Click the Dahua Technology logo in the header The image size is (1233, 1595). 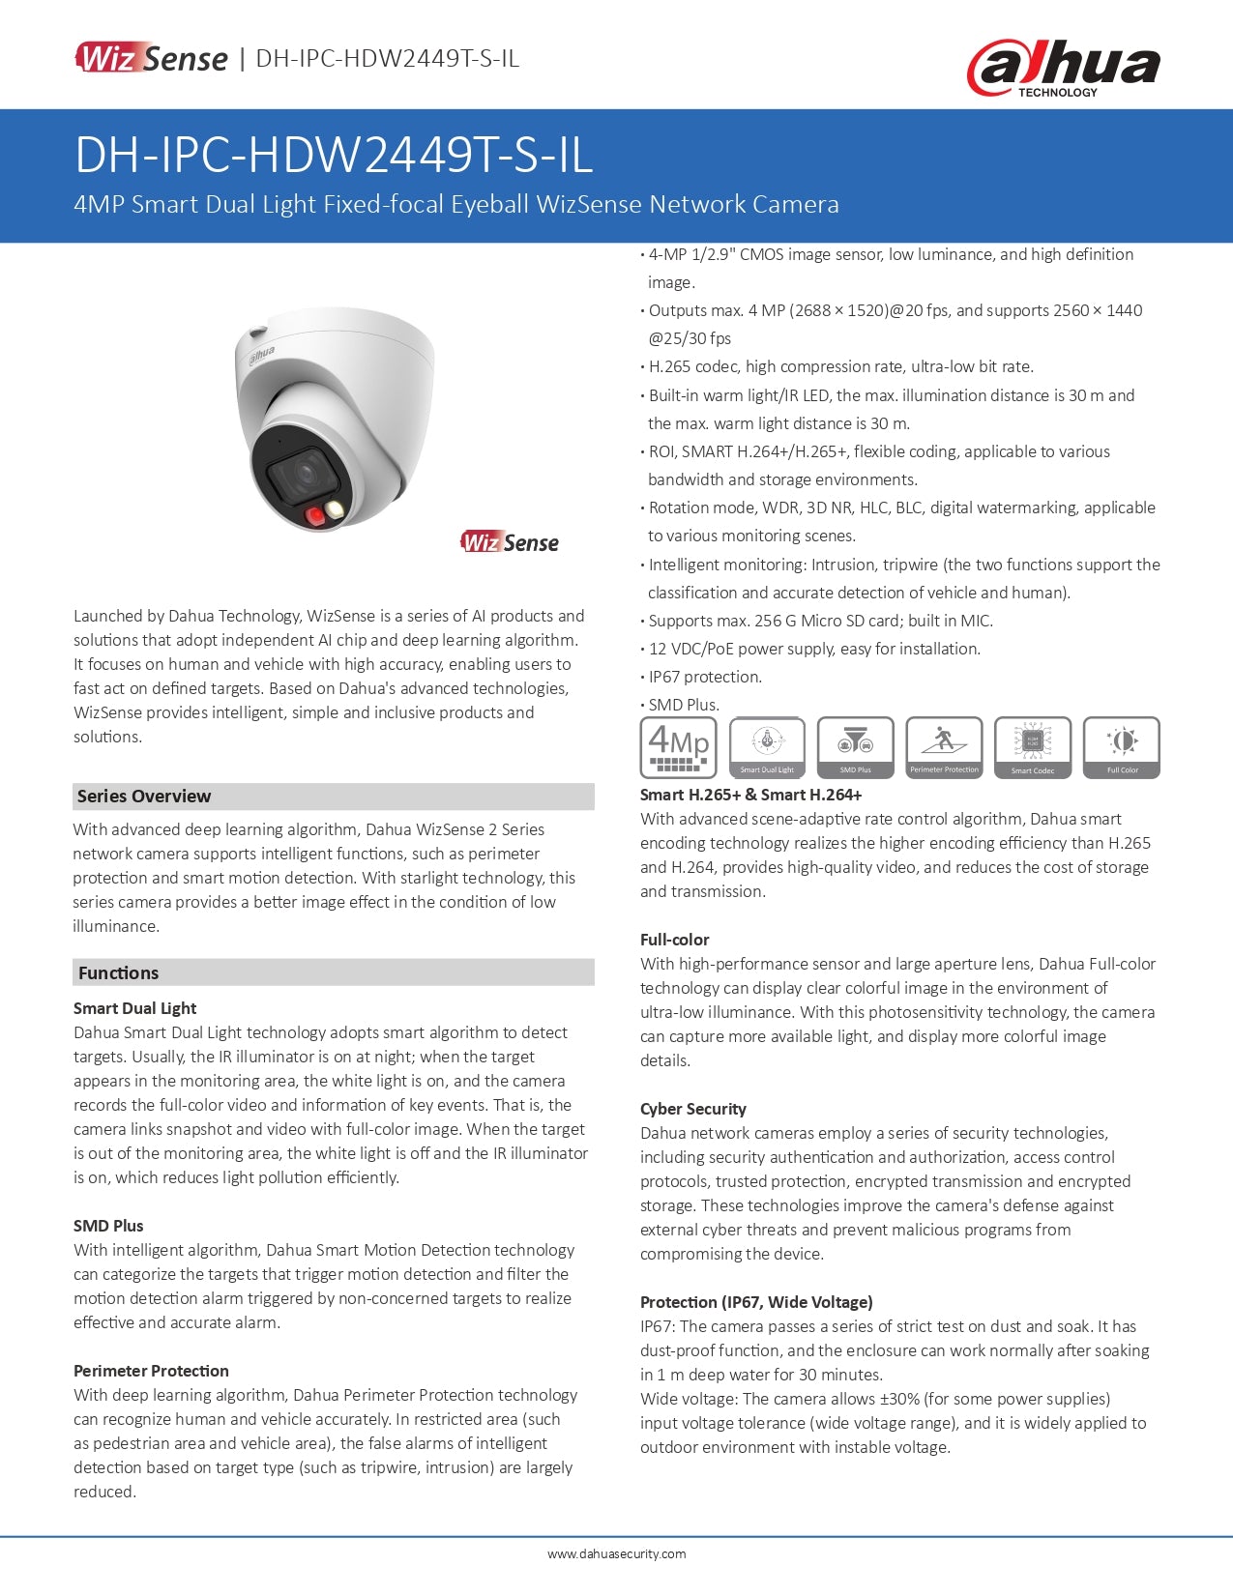pos(1063,68)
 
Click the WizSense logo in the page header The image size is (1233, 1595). pos(152,58)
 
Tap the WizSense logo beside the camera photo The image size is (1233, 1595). pos(510,542)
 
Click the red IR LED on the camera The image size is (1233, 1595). pos(315,516)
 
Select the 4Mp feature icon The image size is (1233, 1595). pos(678,747)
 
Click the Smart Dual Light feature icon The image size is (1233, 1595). pos(767,747)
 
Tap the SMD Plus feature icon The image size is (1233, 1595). pos(855,747)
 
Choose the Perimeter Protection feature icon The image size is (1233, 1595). pos(944,747)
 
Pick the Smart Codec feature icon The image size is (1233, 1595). pos(1033,747)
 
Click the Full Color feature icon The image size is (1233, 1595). pos(1122,747)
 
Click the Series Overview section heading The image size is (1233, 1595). pos(144,797)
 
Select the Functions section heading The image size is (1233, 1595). pos(119,973)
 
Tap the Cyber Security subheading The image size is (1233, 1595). pos(692,1109)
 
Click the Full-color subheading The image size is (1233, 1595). pos(674,940)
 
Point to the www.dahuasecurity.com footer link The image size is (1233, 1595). pos(616,1554)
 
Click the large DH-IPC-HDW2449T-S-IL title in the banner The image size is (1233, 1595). pos(334,155)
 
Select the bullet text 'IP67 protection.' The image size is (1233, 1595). pos(705,677)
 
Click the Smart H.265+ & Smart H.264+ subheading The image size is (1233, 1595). pos(750,795)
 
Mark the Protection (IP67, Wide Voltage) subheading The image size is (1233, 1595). pos(756,1302)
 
